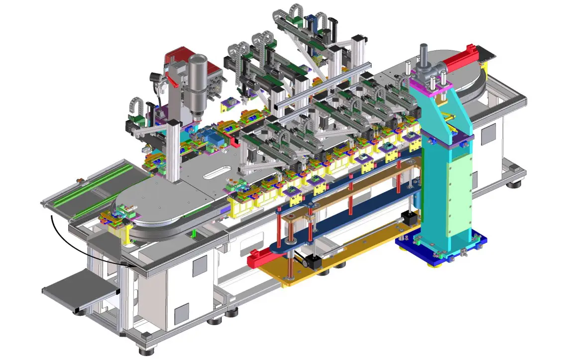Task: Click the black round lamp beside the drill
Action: pos(155,78)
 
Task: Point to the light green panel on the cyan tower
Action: pos(458,199)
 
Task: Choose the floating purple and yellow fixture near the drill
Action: pos(230,103)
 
